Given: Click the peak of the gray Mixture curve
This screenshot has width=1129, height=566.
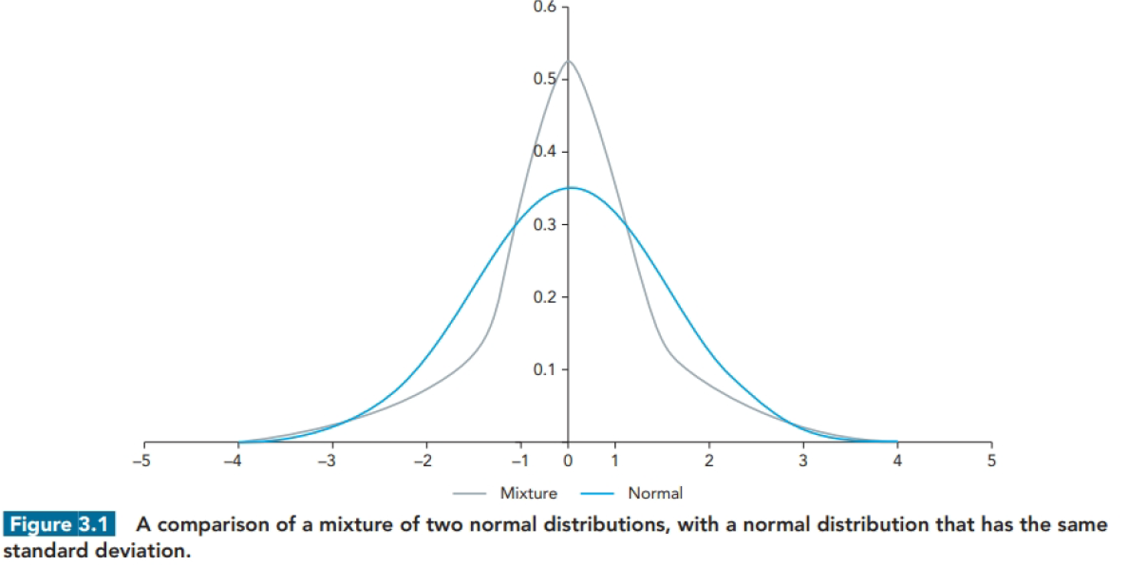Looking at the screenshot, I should click(x=568, y=62).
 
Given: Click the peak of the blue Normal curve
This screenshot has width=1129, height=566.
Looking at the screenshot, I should click(x=570, y=188).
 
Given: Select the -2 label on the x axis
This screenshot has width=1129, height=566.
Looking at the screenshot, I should click(x=424, y=462).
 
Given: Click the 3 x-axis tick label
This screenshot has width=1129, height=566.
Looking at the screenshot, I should click(x=803, y=462).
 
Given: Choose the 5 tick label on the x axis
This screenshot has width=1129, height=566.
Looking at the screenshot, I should click(x=991, y=462).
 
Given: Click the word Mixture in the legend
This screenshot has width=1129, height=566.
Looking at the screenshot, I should click(x=529, y=494).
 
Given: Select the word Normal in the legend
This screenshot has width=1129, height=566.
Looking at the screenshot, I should click(x=655, y=494).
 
